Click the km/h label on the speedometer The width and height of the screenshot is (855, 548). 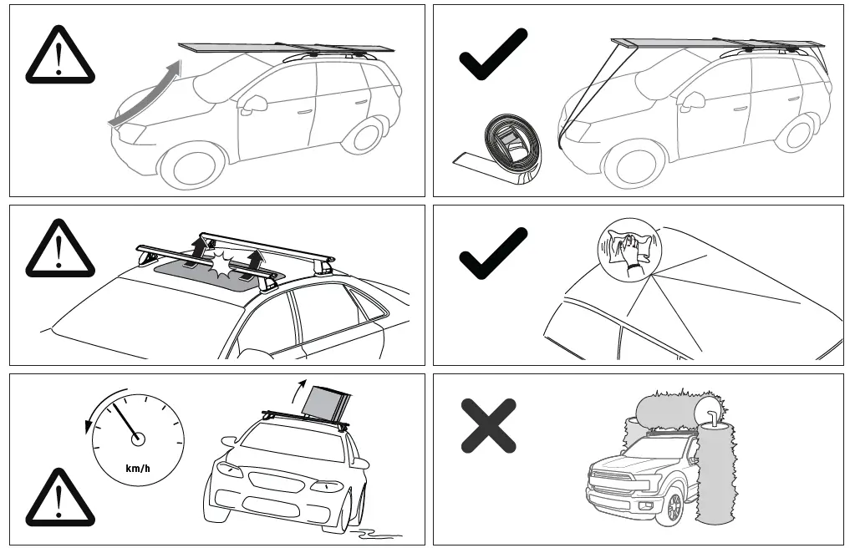click(138, 468)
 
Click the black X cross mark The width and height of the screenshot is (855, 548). click(489, 425)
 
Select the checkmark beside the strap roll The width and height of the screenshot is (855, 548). click(493, 54)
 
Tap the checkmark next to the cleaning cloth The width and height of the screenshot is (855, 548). click(493, 253)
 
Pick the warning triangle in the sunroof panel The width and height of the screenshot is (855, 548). click(59, 248)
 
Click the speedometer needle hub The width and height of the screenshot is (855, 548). click(138, 439)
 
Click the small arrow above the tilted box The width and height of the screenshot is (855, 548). click(298, 388)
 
